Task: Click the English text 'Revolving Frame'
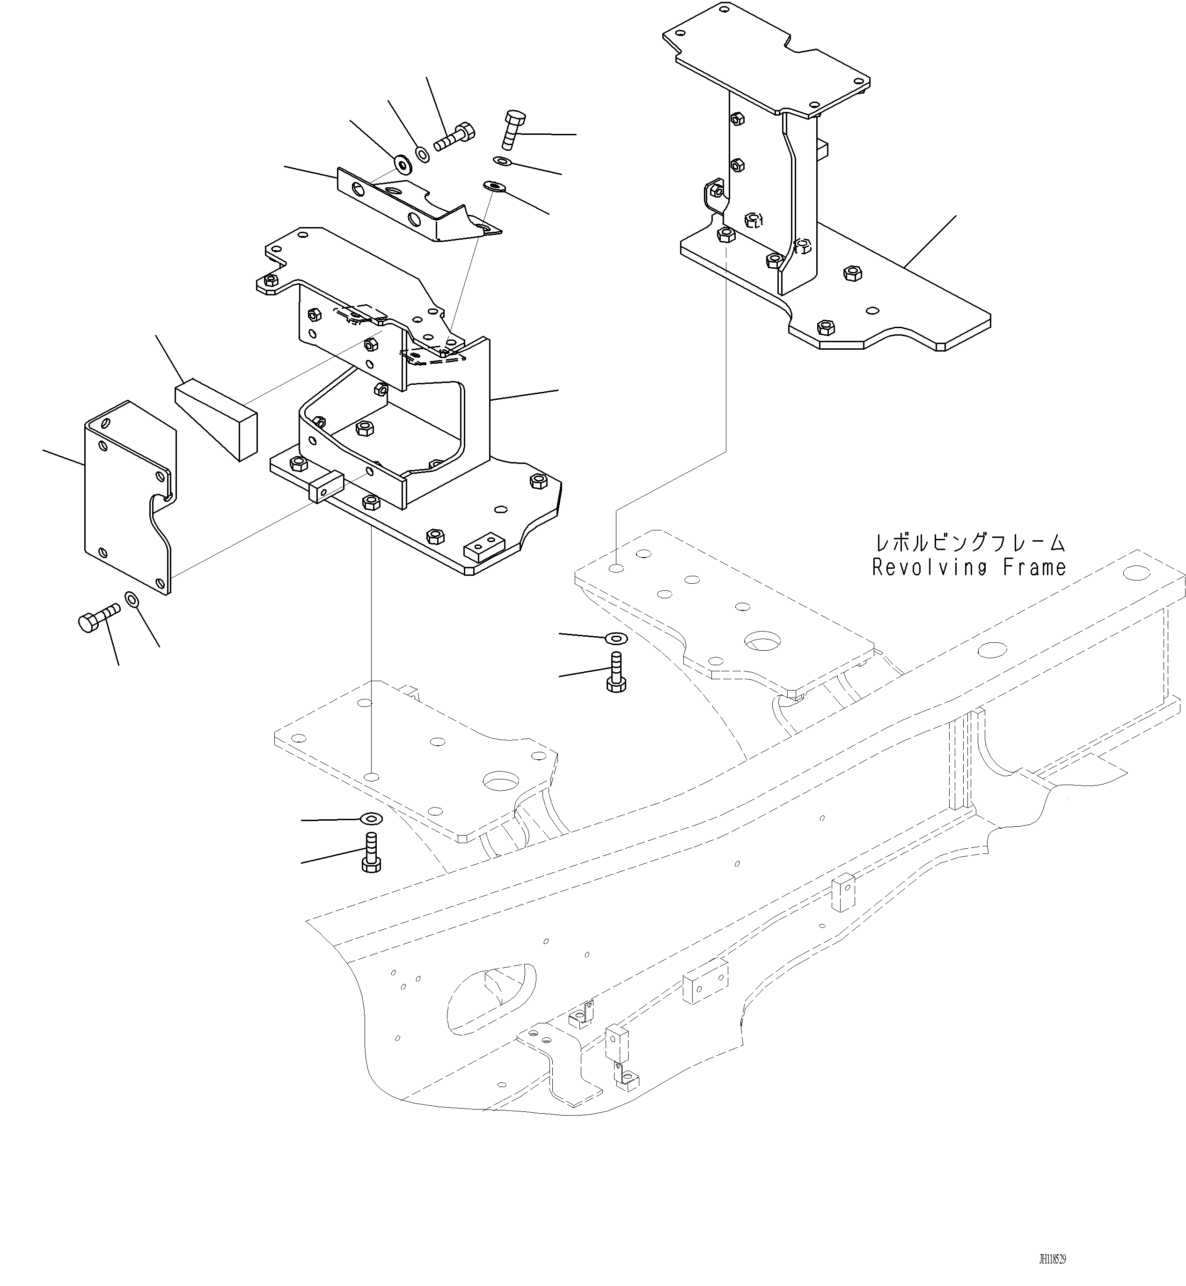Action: [969, 567]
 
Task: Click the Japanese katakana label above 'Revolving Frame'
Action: [970, 543]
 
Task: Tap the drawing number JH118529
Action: [1053, 1260]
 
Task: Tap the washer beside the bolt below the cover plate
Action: [132, 600]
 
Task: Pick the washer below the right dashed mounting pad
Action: [616, 638]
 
